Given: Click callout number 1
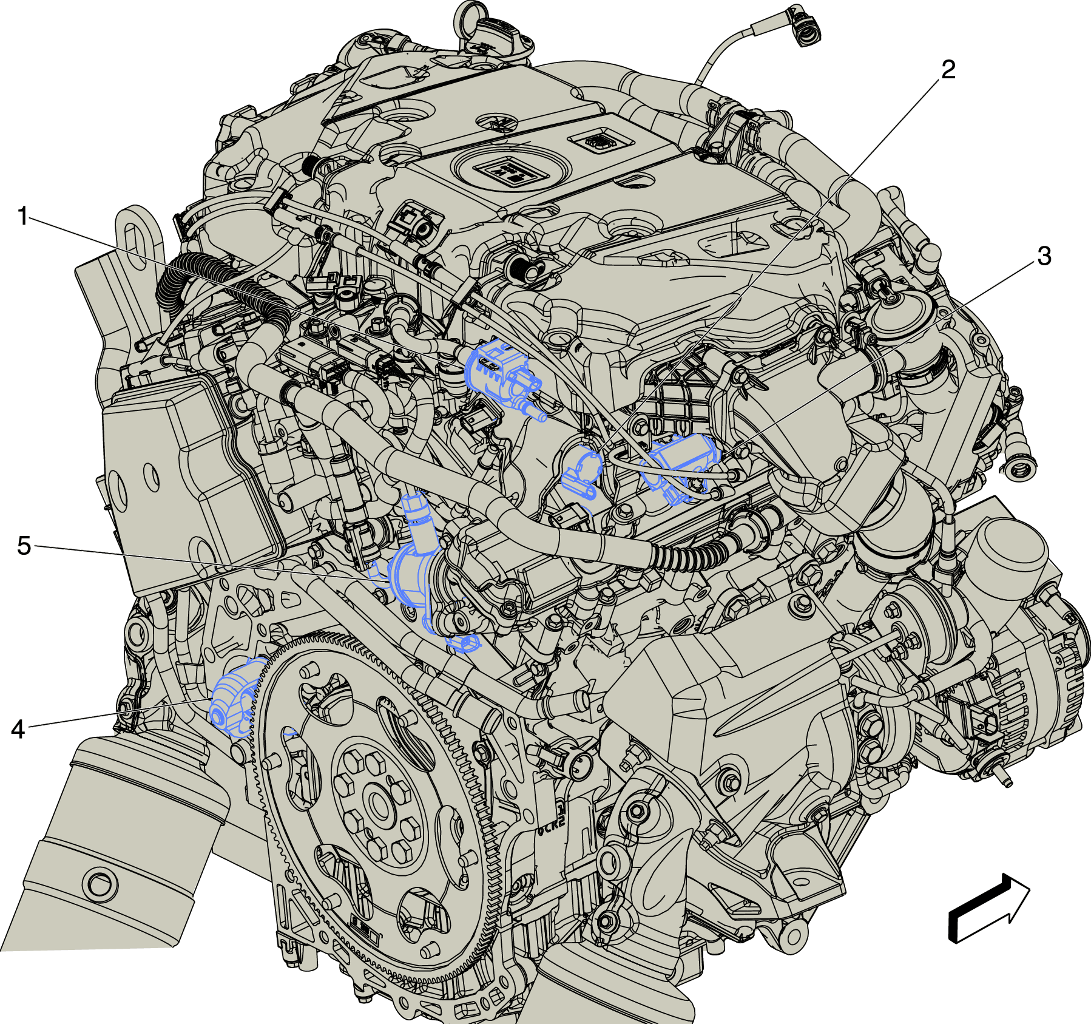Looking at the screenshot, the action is point(23,216).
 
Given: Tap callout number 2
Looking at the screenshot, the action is point(948,70).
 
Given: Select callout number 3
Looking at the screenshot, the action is point(1044,256).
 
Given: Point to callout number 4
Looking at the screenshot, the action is point(18,729).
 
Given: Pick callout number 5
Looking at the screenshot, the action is point(24,546).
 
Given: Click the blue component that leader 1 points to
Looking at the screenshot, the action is point(501,376).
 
